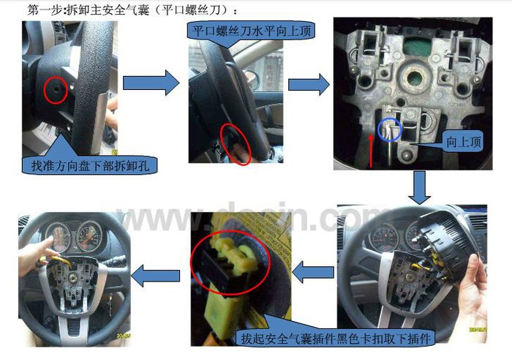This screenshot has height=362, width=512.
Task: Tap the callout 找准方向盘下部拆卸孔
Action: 90,165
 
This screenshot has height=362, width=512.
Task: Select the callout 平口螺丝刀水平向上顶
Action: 252,31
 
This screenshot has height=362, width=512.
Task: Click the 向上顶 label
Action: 464,142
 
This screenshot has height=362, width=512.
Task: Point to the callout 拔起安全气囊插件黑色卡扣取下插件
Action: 336,338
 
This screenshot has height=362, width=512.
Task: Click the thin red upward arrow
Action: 372,151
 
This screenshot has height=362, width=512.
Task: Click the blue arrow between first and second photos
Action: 151,83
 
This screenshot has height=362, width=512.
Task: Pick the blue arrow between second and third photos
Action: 309,85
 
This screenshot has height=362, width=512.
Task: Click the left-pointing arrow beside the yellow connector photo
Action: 313,272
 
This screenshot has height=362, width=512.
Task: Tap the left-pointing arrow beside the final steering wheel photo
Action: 155,276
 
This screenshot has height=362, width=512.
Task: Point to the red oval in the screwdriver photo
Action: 236,144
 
